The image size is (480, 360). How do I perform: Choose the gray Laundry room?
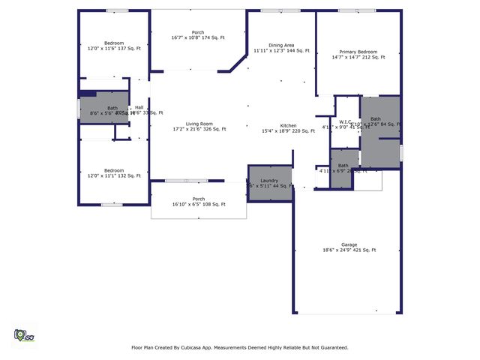pyautogui.click(x=269, y=183)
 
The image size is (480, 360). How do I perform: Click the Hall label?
pyautogui.click(x=139, y=107)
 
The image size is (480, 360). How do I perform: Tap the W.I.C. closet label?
pyautogui.click(x=346, y=122)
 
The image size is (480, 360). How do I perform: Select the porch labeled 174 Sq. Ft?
pyautogui.click(x=198, y=34)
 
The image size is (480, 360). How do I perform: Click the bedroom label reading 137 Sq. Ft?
pyautogui.click(x=114, y=44)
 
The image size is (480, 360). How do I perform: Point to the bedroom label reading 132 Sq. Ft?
pyautogui.click(x=114, y=172)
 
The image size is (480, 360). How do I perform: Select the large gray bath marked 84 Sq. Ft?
pyautogui.click(x=381, y=131)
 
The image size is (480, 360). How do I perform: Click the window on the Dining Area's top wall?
pyautogui.click(x=271, y=10)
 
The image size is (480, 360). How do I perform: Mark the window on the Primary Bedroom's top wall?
pyautogui.click(x=357, y=10)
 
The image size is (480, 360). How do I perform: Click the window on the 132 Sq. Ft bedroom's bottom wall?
pyautogui.click(x=112, y=204)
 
